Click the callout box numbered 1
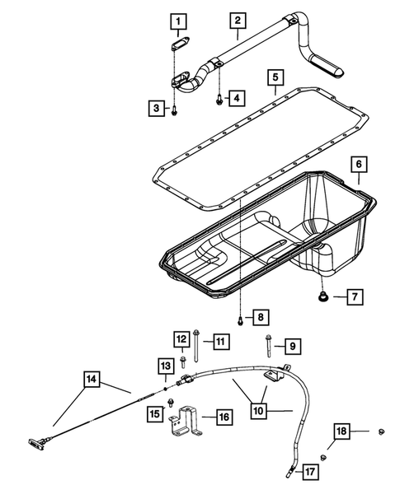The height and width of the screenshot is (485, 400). coord(179,19)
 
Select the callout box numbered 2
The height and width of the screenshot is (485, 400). coord(237,20)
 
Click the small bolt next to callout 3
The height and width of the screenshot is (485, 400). coord(176,107)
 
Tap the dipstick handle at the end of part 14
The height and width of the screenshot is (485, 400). coord(39,446)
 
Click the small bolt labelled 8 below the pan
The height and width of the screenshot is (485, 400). coord(238,319)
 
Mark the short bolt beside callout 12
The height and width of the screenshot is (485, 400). coord(181,359)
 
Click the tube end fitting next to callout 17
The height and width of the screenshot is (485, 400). coord(288,471)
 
